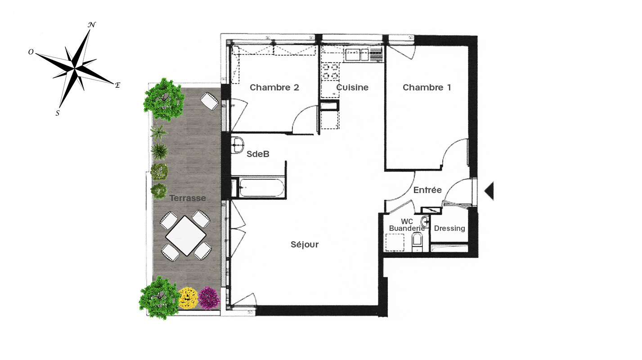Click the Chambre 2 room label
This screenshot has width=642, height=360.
coord(274,87)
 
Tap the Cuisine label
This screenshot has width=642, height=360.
coord(352,87)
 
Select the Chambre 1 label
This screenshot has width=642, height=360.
coord(427,87)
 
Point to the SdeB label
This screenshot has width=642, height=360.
coord(258,154)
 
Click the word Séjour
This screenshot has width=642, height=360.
coord(305,244)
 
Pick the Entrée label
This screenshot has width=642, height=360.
coord(427,190)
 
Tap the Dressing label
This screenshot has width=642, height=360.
coord(449,229)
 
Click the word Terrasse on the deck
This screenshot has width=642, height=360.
coord(188,198)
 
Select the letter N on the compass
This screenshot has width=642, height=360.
coord(92,25)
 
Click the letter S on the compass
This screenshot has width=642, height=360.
coord(58,113)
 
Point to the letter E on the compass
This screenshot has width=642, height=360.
coord(117,85)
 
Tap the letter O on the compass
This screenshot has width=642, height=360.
coord(31,52)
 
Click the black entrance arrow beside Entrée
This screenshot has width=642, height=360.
coord(489,191)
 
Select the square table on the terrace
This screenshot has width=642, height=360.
coord(186,236)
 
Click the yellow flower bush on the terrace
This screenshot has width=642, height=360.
coord(188,298)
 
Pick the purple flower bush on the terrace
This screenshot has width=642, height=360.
coord(209,298)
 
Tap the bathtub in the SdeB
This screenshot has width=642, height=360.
coord(261,188)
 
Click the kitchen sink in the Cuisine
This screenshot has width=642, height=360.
coord(357,55)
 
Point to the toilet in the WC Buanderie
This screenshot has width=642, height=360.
coord(417,242)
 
